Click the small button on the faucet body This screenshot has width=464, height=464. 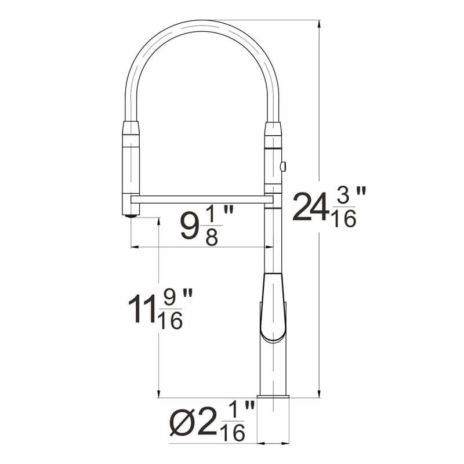pyautogui.click(x=282, y=167)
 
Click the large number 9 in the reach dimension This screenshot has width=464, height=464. pyautogui.click(x=188, y=227)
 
